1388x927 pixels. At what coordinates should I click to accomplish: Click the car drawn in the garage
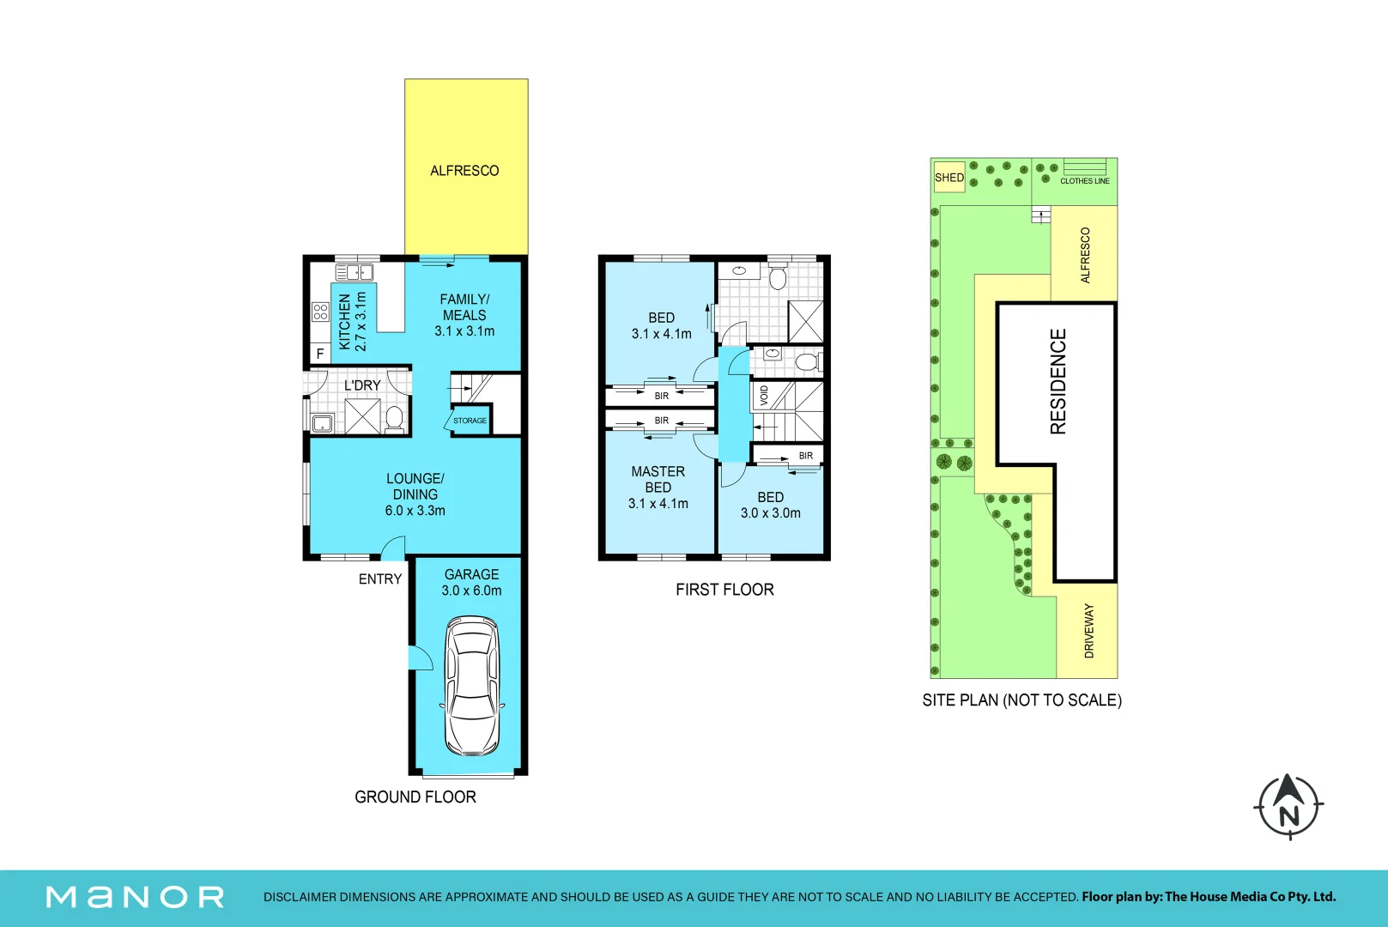(x=472, y=685)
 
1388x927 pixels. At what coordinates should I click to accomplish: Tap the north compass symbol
(x=1289, y=806)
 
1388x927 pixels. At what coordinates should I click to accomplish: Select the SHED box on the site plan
(x=949, y=177)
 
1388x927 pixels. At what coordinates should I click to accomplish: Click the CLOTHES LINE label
(x=1084, y=181)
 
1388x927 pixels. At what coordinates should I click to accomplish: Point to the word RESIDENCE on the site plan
(x=1058, y=381)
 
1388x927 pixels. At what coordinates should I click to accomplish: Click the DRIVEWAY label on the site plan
(x=1089, y=631)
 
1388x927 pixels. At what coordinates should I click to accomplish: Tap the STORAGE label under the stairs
(x=470, y=421)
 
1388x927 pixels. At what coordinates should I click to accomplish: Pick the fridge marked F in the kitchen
(x=320, y=353)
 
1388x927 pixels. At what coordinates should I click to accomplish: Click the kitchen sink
(x=355, y=272)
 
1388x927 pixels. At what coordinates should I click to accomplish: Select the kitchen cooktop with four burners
(x=320, y=312)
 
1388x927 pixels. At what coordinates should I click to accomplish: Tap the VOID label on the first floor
(x=764, y=396)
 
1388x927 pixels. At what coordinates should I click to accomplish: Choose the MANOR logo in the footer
(x=135, y=897)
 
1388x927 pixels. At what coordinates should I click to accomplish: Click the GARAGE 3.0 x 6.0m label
(x=471, y=583)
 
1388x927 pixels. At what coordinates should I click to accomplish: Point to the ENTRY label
(x=380, y=579)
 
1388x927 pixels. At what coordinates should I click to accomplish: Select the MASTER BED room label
(x=658, y=480)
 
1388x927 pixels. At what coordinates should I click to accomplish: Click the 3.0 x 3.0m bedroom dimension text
(x=770, y=513)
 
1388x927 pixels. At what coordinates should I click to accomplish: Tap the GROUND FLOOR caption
(x=415, y=797)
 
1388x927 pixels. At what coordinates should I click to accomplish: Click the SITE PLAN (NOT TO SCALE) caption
(x=1021, y=700)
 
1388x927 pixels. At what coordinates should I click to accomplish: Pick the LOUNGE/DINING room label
(x=415, y=487)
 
